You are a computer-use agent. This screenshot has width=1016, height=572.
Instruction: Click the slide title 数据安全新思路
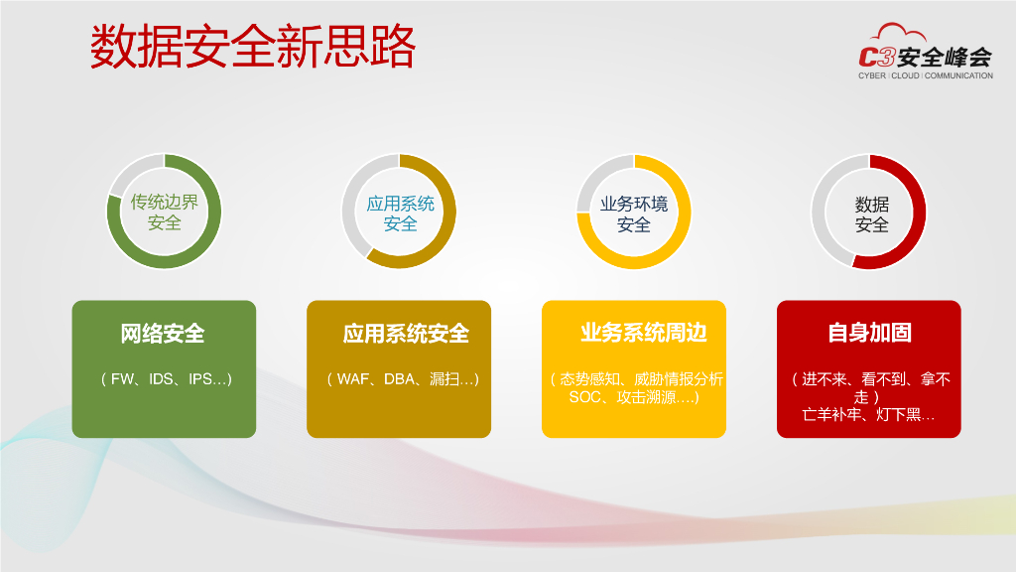pyautogui.click(x=252, y=48)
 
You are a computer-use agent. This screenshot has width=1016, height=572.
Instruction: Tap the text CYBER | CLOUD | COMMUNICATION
pyautogui.click(x=925, y=75)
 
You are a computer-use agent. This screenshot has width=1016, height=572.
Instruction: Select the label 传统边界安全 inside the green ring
pyautogui.click(x=164, y=213)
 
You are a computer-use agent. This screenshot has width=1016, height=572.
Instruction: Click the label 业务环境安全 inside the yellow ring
pyautogui.click(x=634, y=214)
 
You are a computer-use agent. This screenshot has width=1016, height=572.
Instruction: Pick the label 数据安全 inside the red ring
pyautogui.click(x=871, y=214)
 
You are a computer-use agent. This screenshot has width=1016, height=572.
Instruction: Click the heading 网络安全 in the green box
pyautogui.click(x=163, y=334)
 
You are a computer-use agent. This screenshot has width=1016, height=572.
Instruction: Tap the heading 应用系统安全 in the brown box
pyautogui.click(x=406, y=334)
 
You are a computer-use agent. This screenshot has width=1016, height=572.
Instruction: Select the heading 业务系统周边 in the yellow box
pyautogui.click(x=643, y=333)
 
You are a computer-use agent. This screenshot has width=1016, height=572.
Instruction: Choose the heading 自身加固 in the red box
pyautogui.click(x=869, y=333)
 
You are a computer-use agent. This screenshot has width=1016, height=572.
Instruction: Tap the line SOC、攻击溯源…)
pyautogui.click(x=634, y=397)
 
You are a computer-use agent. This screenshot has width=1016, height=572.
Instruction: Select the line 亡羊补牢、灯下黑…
pyautogui.click(x=868, y=415)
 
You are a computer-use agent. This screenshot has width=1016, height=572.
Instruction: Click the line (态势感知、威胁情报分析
pyautogui.click(x=636, y=379)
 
